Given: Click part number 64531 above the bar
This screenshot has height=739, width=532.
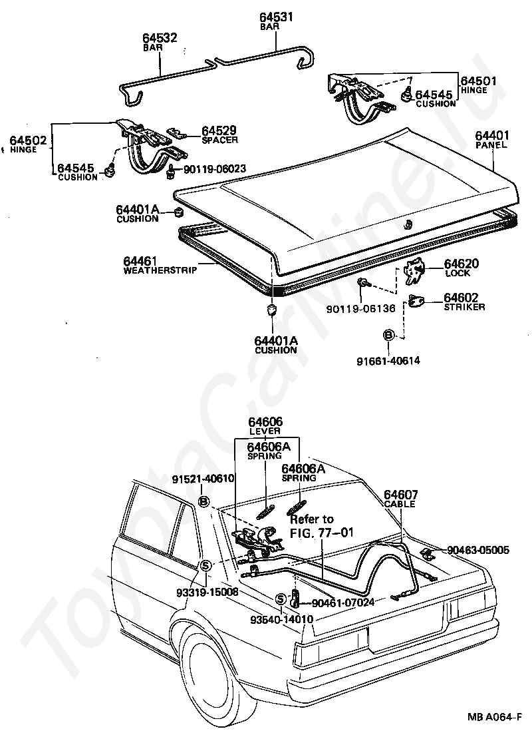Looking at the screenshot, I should (273, 18).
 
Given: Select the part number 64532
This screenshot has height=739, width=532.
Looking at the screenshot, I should (160, 39).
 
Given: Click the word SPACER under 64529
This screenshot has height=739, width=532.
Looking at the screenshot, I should (220, 140).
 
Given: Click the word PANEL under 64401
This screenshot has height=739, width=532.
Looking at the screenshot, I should (491, 144).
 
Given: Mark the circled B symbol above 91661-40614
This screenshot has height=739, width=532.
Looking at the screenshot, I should (389, 334).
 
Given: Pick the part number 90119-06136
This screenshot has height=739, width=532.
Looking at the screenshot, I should (360, 308).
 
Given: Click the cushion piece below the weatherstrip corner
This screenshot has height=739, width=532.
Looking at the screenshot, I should (271, 311).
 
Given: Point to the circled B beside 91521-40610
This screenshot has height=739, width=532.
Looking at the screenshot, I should (204, 501).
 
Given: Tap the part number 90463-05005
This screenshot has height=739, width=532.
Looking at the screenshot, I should (478, 550).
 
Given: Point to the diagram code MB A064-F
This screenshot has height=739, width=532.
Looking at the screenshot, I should (494, 718).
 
